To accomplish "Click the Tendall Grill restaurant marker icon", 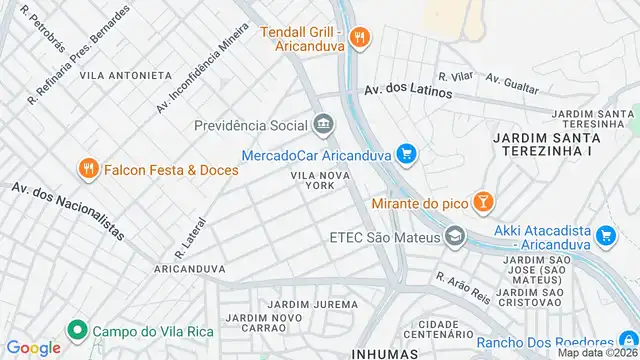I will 361,38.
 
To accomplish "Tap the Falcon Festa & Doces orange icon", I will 89,169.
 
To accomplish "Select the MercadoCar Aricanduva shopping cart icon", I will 405,154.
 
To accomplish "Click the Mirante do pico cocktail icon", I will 483,202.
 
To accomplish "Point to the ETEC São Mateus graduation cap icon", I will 456,237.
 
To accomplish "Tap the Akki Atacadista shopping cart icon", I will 605,236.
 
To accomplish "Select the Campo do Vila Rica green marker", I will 76,329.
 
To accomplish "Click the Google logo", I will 34,347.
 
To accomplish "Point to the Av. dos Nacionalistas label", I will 68,213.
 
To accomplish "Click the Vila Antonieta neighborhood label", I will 125,75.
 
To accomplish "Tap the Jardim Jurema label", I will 318,304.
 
